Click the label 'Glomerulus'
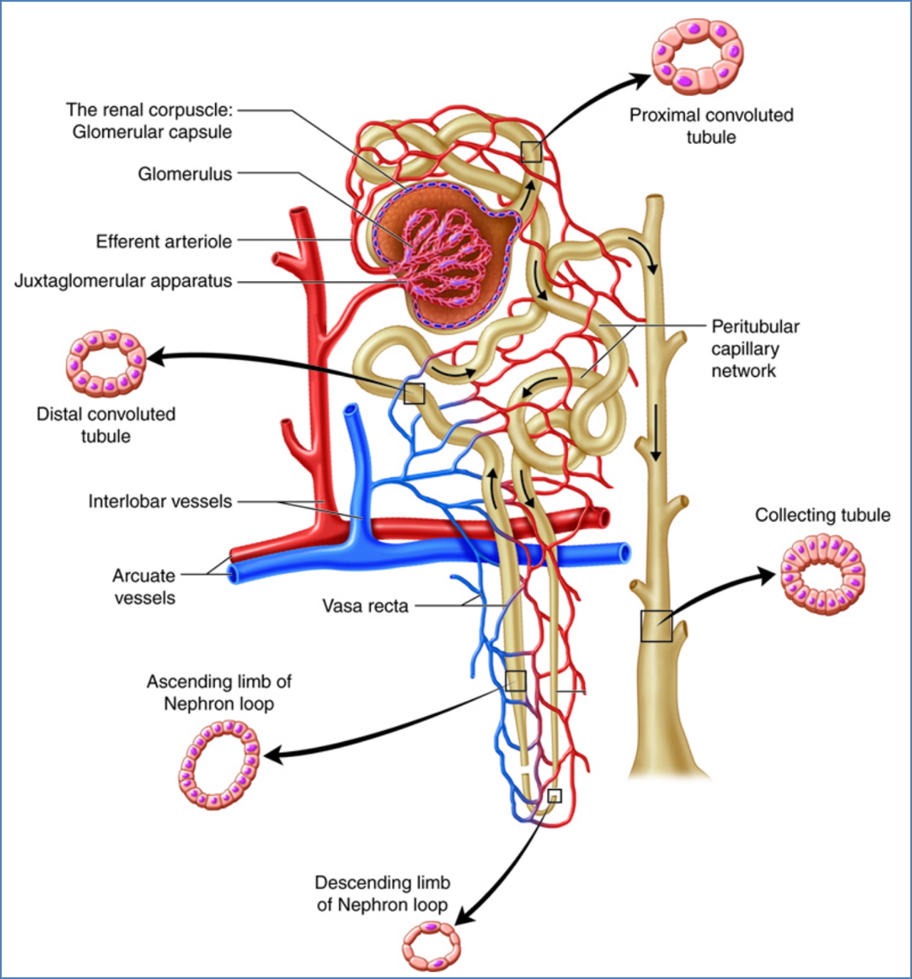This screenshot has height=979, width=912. point(185,174)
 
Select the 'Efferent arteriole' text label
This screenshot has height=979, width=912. point(164,242)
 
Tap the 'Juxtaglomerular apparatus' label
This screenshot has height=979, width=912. point(123,281)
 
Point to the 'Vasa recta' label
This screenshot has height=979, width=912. point(365,606)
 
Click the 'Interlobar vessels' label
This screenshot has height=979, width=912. point(160,500)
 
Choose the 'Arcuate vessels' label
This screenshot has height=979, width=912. point(144,586)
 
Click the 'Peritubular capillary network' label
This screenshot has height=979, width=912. point(755,349)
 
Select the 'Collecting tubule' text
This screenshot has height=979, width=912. point(822,515)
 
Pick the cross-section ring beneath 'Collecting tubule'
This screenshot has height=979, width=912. point(823,572)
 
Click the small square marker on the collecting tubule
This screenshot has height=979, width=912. point(656,627)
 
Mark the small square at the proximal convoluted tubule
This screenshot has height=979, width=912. point(531,152)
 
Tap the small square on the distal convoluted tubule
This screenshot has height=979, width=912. point(414,393)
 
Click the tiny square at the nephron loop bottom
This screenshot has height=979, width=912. point(553,796)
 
